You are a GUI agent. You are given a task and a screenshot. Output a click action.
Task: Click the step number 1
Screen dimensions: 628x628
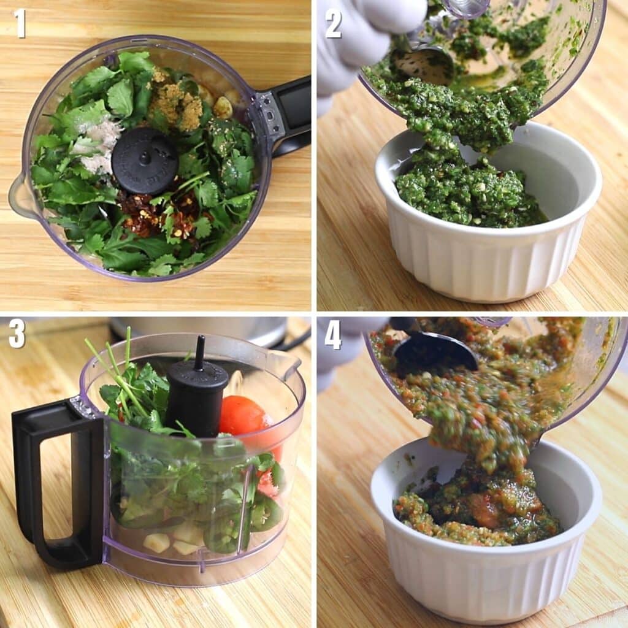[x=20, y=24]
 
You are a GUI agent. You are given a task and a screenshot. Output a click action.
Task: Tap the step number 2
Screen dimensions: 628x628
[x=333, y=24]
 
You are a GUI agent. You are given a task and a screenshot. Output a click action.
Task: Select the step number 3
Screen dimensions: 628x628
[x=17, y=334]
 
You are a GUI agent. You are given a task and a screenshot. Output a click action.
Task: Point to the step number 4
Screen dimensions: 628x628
[x=333, y=334]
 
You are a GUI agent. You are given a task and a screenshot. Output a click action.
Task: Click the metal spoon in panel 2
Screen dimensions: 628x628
[x=423, y=64]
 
